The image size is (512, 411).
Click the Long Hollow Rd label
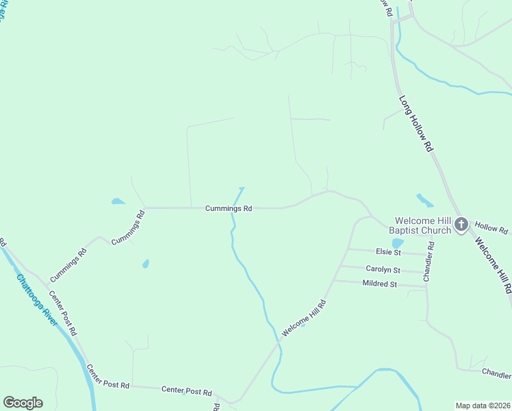click(416, 123)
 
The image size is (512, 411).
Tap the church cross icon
click(461, 224)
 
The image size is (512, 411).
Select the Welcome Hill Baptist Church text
click(423, 225)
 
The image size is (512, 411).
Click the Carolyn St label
click(383, 269)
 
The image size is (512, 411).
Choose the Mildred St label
click(380, 284)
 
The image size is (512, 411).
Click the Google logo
click(23, 403)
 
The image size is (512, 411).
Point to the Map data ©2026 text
click(482, 405)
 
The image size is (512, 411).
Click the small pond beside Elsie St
click(397, 243)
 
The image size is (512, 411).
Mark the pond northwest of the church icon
click(424, 200)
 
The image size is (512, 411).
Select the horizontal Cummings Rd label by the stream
click(229, 208)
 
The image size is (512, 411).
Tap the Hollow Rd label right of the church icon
click(491, 229)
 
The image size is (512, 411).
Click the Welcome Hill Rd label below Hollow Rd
click(494, 266)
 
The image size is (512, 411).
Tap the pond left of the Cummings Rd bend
click(118, 201)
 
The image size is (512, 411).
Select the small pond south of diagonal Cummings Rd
click(145, 264)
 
